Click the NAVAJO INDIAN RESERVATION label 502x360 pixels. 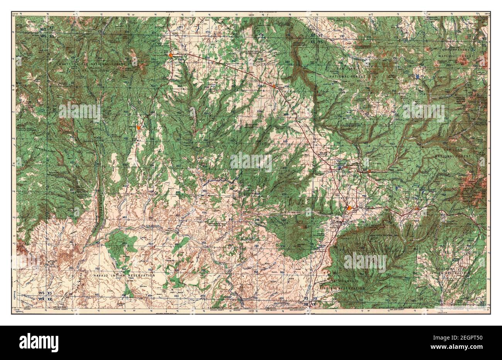point(124,275)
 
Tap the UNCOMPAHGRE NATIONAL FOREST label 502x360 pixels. point(460,54)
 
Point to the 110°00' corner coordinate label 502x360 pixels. point(15,14)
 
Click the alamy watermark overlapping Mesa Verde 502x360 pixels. point(365,262)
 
